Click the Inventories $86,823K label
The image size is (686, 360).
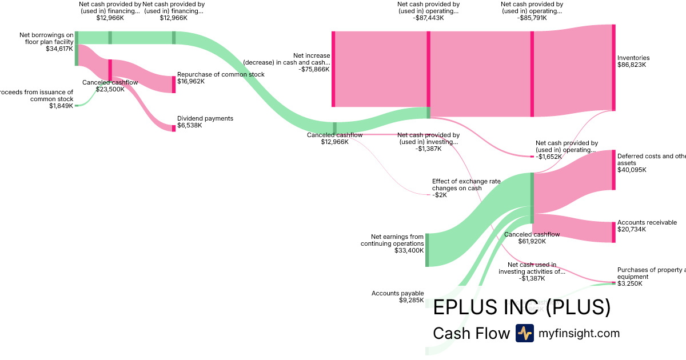633,61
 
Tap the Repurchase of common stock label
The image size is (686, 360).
221,78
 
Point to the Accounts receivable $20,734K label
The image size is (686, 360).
639,226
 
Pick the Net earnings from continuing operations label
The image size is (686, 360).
392,243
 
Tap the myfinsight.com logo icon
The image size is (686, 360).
524,333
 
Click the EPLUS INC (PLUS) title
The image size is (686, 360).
521,307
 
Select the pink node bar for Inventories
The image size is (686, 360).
613,67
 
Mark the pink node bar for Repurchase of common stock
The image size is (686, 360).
174,85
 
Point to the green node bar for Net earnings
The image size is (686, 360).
426,250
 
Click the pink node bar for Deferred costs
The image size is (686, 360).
613,170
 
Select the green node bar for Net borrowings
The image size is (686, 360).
76,49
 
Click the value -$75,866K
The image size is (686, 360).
314,69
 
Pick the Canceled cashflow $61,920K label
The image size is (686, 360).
532,238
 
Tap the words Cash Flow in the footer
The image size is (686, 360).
471,333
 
